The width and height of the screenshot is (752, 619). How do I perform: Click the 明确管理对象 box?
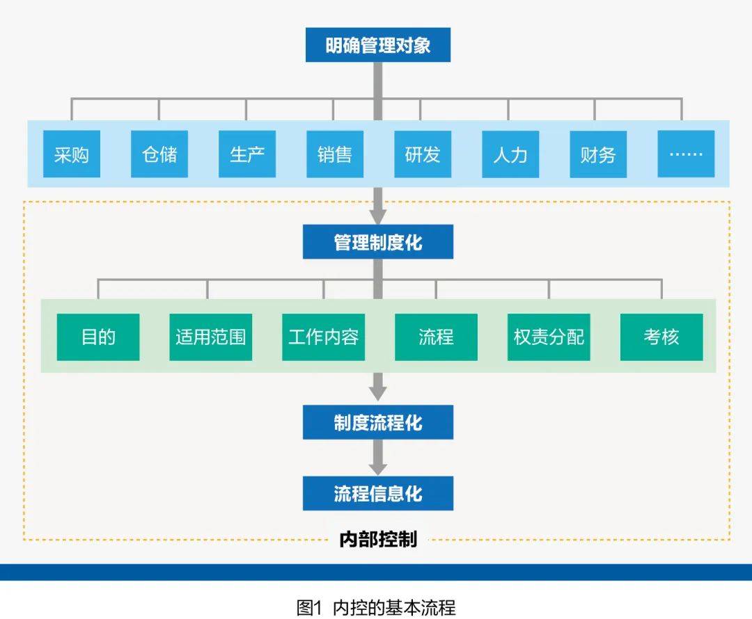(x=377, y=45)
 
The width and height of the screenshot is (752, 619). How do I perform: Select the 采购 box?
(x=71, y=154)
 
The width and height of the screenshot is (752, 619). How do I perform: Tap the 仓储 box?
(x=159, y=154)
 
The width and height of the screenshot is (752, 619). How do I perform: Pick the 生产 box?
(x=246, y=154)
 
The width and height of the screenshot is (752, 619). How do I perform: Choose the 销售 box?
(x=334, y=154)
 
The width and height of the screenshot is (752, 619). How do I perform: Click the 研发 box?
(x=422, y=154)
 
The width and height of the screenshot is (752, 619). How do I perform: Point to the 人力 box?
(x=510, y=154)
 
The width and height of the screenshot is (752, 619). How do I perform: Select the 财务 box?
(x=597, y=154)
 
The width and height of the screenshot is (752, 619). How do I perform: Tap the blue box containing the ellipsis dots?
(x=685, y=154)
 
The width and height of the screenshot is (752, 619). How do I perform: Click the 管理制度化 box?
(x=377, y=242)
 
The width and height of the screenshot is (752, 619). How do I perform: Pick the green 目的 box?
(x=98, y=337)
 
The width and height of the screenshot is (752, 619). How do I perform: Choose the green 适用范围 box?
(x=210, y=337)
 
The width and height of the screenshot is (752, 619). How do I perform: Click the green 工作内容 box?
(x=323, y=337)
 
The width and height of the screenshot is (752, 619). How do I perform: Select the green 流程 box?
(x=436, y=337)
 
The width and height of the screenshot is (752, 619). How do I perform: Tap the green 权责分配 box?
(x=549, y=337)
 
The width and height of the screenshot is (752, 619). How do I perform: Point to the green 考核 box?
(x=661, y=337)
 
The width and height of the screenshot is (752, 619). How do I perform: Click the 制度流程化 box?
(x=377, y=422)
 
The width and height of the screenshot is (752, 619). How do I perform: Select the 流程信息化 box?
(x=377, y=494)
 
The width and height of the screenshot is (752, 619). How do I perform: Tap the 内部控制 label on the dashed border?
(x=377, y=539)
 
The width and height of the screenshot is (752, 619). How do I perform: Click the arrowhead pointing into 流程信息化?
(x=377, y=469)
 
